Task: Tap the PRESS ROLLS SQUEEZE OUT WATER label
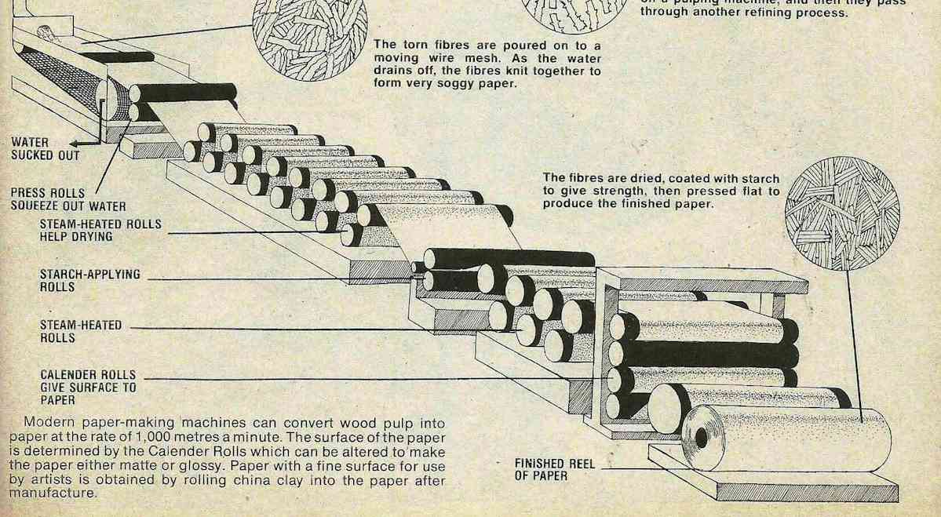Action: (x=68, y=199)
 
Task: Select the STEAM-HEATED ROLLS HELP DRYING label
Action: (x=100, y=230)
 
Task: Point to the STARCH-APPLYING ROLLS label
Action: (x=89, y=281)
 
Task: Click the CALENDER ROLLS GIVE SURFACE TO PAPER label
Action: (x=88, y=387)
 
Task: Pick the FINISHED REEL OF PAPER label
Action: (x=554, y=469)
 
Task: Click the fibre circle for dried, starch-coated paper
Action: (x=842, y=213)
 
